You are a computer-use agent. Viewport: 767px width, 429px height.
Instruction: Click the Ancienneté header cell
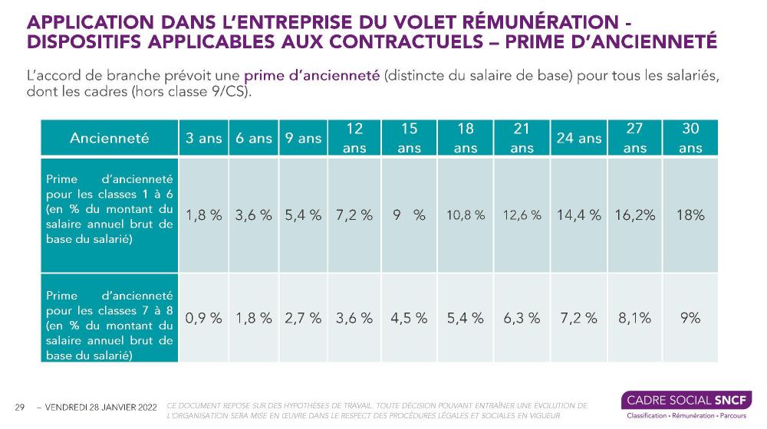point(109,139)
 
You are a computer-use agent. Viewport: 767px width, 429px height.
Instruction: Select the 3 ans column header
point(203,139)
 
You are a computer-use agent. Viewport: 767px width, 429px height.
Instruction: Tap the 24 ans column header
point(579,139)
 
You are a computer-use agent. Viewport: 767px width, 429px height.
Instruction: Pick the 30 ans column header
point(690,139)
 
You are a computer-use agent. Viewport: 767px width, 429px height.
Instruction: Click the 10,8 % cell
point(466,216)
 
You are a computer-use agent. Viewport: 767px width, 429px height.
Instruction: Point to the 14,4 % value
point(579,216)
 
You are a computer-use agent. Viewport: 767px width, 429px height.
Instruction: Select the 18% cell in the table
point(690,216)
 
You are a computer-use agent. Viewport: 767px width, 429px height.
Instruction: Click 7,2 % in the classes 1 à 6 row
point(354,216)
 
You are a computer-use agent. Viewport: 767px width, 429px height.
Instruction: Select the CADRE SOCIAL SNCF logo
point(686,404)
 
